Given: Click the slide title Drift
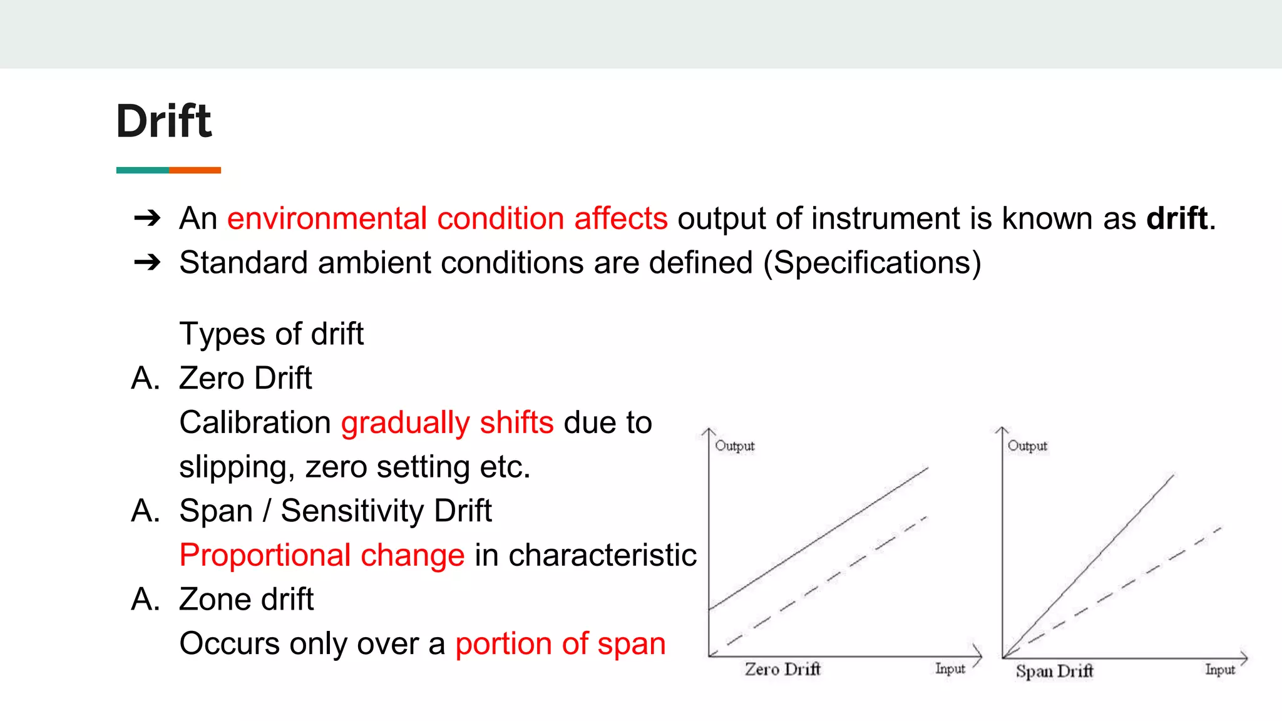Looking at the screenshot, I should click(x=164, y=121).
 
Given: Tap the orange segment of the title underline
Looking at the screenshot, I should click(x=195, y=170).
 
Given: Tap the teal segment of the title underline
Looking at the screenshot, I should click(x=142, y=170).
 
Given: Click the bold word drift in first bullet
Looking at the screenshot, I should click(x=1176, y=218).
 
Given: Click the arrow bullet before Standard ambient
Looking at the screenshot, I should click(x=148, y=262).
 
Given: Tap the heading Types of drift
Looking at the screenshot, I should click(x=271, y=334).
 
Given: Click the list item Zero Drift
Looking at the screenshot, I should click(x=245, y=378).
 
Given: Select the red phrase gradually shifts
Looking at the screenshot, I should click(x=447, y=422).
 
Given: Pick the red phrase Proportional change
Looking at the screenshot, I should click(x=322, y=555).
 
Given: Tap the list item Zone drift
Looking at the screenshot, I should click(x=246, y=600).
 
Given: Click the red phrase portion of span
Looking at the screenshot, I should click(x=560, y=644).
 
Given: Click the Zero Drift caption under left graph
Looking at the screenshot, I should click(x=782, y=669).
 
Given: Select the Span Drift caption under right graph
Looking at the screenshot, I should click(x=1054, y=672).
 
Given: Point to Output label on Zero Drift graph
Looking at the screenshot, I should click(x=735, y=446).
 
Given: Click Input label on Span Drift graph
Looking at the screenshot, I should click(x=1220, y=670).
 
